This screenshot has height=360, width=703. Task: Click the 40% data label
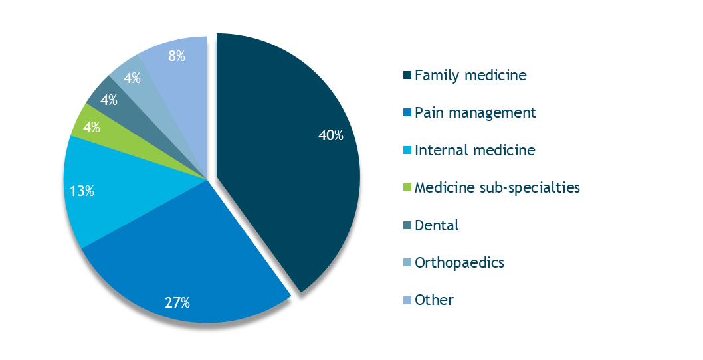331,135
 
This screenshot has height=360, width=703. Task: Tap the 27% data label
177,303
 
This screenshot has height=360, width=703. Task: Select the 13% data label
82,191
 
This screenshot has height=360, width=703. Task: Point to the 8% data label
176,56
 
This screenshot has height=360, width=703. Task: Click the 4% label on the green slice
91,127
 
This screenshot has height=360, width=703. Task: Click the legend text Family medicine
470,76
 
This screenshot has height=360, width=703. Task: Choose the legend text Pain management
475,113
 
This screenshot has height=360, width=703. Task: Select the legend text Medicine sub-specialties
497,188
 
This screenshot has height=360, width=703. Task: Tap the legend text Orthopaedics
459,263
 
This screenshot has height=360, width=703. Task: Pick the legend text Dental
437,225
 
